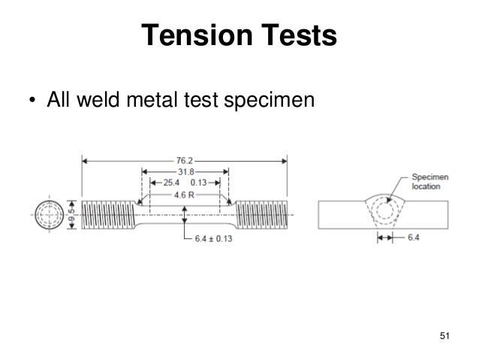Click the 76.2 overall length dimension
point(184,159)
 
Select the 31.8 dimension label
point(184,171)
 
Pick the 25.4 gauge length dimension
point(172,182)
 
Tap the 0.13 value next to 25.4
point(199,182)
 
